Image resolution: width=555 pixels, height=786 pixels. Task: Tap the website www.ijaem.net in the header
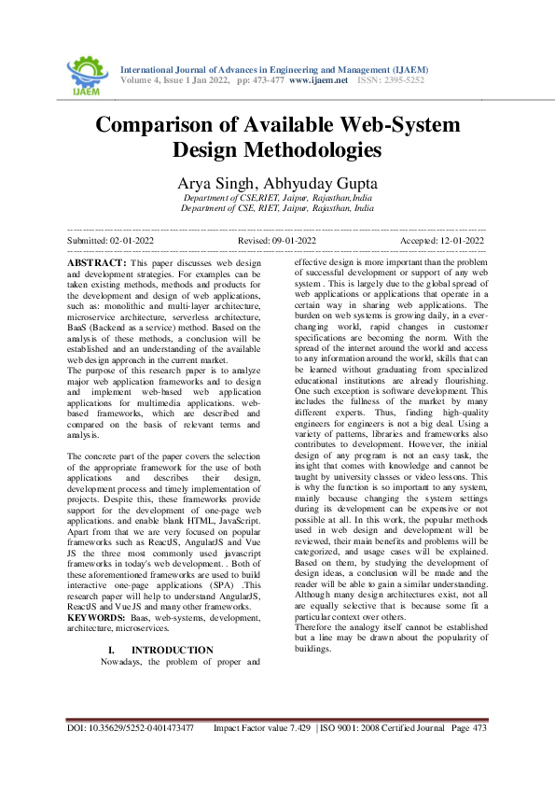[x=318, y=81]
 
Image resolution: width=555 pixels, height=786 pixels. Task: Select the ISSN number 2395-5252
[x=406, y=81]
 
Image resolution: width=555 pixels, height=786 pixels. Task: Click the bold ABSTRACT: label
[x=97, y=264]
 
